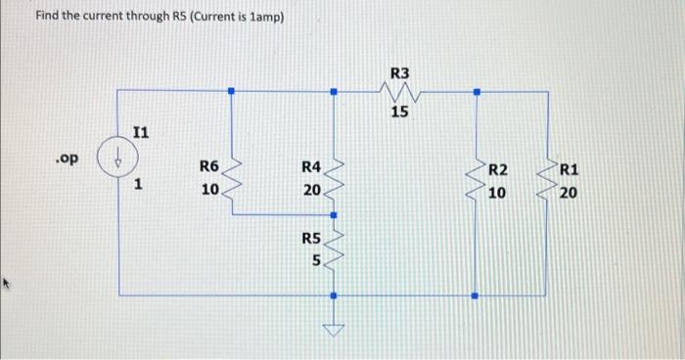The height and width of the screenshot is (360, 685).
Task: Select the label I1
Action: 142,132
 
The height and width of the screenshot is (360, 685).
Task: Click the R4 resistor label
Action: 311,167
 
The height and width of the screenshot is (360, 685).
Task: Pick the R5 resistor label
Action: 311,238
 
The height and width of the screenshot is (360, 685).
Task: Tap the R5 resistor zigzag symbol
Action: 334,251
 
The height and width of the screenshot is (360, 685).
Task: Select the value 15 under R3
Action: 399,112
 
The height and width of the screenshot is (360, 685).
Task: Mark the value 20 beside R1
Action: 569,194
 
